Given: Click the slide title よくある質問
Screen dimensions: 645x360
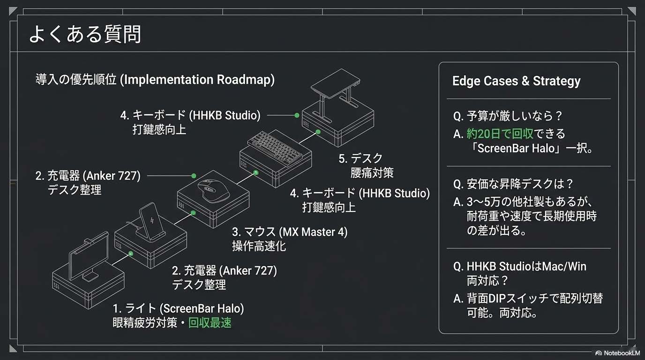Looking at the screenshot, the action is point(85,34).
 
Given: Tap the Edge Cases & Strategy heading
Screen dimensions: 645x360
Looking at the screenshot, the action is point(516,81).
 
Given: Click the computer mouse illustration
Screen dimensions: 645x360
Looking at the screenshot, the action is point(213,191).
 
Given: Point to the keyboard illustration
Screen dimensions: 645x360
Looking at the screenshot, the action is point(275,147).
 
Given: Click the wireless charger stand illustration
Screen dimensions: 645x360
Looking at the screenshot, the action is point(151,222).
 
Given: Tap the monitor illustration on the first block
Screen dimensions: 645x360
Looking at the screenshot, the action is point(89,256).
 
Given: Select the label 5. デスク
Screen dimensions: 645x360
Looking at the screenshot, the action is point(360,158).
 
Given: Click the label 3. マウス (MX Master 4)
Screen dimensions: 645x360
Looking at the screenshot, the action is point(290,232).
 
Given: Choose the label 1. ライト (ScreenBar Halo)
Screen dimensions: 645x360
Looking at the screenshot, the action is point(178,308).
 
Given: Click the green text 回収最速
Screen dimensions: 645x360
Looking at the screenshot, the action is point(210,323).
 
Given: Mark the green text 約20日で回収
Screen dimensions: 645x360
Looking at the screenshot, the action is point(500,134).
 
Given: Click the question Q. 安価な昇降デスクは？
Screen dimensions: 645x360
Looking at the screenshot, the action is point(513,184).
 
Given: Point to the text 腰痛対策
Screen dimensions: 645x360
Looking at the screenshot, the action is point(372,173).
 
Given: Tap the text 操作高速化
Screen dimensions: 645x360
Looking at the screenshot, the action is point(259,246).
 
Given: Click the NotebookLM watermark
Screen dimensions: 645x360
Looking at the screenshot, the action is point(618,353).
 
